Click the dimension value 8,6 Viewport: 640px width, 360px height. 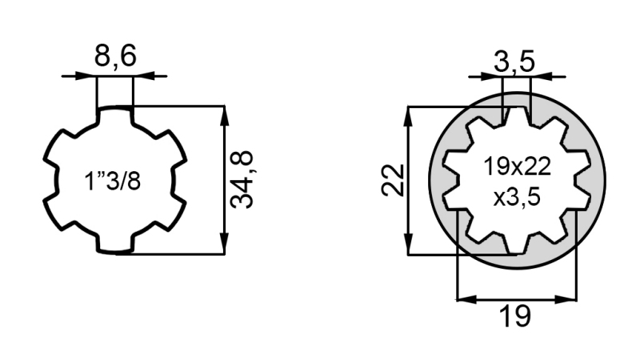pos(115,58)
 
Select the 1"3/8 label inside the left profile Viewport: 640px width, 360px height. pos(113,181)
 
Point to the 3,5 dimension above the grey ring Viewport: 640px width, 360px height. pos(513,61)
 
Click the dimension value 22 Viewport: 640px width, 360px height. pos(391,180)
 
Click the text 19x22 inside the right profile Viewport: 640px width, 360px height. pos(517,167)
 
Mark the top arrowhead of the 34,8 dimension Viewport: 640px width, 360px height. pos(225,113)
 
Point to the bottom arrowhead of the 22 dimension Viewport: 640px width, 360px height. pos(409,247)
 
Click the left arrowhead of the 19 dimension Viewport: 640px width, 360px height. pos(463,299)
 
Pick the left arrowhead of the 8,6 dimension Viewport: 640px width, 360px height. pos(89,76)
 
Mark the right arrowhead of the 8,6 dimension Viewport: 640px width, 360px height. pos(141,76)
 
